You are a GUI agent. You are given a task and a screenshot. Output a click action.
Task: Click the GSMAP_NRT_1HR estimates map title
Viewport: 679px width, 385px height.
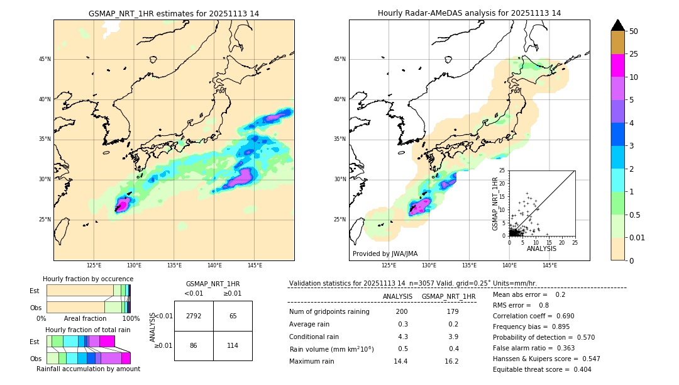(174, 13)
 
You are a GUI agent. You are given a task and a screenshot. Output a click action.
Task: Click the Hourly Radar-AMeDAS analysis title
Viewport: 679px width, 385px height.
(469, 13)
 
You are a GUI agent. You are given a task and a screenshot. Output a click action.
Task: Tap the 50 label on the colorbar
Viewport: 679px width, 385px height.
(634, 31)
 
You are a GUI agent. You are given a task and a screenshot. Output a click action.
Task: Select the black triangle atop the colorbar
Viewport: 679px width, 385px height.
(618, 25)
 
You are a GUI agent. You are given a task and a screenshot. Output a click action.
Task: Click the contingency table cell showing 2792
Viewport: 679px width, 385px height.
(194, 316)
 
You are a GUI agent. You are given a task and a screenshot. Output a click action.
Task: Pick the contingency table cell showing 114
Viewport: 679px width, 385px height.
(233, 345)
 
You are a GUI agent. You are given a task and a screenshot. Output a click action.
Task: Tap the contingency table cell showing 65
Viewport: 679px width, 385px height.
(233, 316)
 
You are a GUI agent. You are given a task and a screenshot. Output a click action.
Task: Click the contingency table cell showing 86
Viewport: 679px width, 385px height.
(194, 345)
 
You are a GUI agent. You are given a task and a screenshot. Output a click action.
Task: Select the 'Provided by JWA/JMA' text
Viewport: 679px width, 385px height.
(385, 254)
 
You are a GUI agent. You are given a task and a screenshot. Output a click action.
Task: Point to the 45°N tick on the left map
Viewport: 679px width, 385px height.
(45, 59)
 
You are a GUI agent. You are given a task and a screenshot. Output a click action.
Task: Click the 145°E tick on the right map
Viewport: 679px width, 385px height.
(549, 265)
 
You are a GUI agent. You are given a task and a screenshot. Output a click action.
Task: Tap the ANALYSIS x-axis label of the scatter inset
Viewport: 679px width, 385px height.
(541, 248)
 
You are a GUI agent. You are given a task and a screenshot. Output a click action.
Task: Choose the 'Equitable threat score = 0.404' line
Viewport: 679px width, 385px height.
(542, 369)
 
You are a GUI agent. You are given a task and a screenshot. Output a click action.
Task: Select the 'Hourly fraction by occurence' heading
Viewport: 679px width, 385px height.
(88, 279)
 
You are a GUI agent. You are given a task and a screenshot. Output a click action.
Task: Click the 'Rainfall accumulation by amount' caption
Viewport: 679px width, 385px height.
(88, 369)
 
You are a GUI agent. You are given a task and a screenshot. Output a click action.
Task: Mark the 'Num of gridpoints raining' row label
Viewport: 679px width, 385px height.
(329, 312)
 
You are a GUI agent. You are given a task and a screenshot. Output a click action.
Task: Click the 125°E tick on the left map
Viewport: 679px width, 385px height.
(94, 265)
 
